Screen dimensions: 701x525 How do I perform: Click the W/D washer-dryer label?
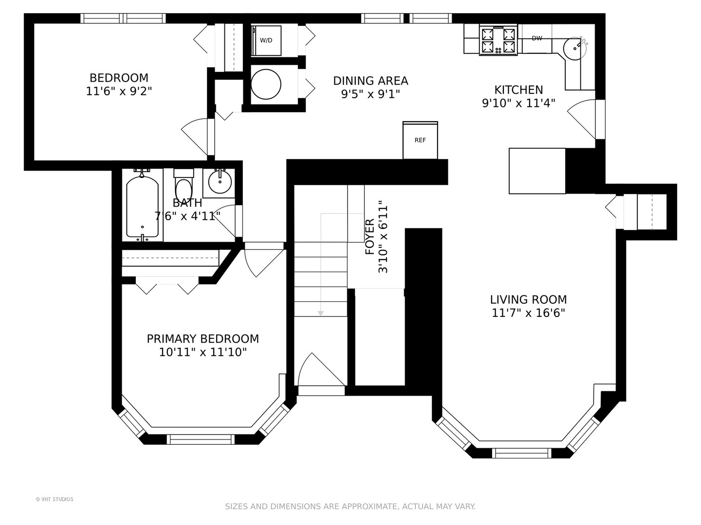coord(266,40)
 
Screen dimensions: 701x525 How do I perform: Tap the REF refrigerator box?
coord(420,140)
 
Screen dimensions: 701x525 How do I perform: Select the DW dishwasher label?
coord(537,38)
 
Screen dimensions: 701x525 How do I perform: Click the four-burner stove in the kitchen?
coord(498,40)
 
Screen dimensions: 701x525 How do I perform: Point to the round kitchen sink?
coord(574,48)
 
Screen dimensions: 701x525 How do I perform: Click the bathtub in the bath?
coord(142,207)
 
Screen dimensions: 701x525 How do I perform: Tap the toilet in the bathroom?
coord(184,185)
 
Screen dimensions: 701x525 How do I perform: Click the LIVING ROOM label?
coord(528,299)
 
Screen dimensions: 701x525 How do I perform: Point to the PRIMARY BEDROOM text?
coord(203,338)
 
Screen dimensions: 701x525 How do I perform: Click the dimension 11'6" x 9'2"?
coord(119,91)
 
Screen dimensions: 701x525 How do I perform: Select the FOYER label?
coord(369,237)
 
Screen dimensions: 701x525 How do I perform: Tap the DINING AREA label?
coord(370,81)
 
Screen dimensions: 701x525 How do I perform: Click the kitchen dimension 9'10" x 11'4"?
coord(518,103)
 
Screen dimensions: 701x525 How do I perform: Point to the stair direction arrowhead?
coord(321,314)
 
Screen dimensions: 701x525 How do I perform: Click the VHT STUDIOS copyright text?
coord(55,499)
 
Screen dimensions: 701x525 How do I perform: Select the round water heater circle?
coord(266,85)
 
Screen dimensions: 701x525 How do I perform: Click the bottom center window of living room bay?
coord(521,453)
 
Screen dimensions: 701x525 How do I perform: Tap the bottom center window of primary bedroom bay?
coord(201,439)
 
